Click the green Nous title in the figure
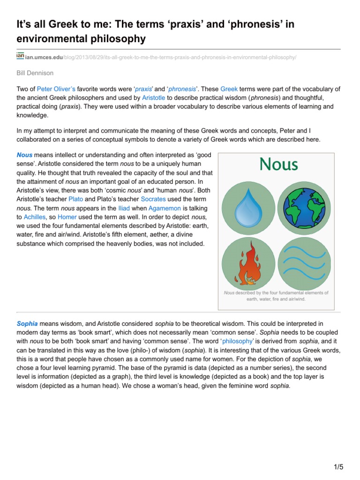tap(278, 165)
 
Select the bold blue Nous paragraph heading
tap(25, 155)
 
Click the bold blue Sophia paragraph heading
tap(27, 324)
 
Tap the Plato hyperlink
tap(75, 199)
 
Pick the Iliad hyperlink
tap(124, 208)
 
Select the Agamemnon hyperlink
tap(164, 208)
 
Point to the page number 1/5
tap(338, 467)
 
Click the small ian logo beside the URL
tap(20, 56)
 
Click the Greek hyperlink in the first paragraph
tap(229, 89)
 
